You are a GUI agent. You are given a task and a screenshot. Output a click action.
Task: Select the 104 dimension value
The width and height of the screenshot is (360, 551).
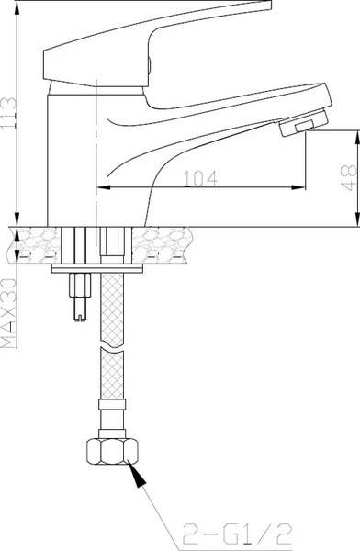[197, 181]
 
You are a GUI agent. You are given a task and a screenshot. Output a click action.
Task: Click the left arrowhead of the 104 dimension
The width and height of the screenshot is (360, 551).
[103, 190]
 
